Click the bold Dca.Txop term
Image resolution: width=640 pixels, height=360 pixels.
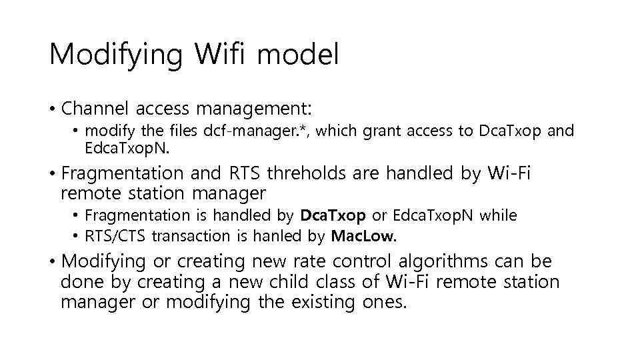pos(333,215)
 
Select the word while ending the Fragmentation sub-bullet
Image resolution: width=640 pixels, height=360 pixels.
pos(499,215)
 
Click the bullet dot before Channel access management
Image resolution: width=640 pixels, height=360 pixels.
pos(51,109)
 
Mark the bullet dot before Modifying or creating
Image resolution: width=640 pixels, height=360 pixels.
pos(51,261)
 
